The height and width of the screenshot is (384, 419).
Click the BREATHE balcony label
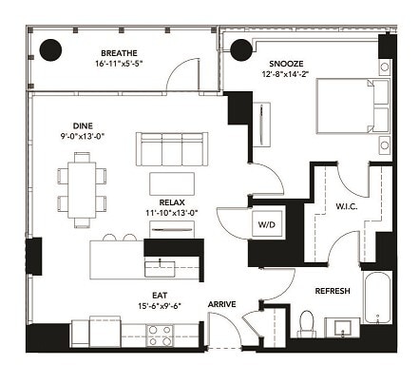pos(119,53)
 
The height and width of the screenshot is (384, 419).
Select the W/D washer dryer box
pos(265,224)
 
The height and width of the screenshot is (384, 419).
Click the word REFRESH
pos(334,291)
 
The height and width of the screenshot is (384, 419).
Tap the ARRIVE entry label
pos(222,304)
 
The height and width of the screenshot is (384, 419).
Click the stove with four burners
pos(161,335)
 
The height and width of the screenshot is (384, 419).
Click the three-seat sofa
pos(171,148)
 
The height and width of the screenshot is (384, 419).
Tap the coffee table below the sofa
pos(172,182)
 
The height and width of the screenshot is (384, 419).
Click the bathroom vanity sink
pos(341,329)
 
